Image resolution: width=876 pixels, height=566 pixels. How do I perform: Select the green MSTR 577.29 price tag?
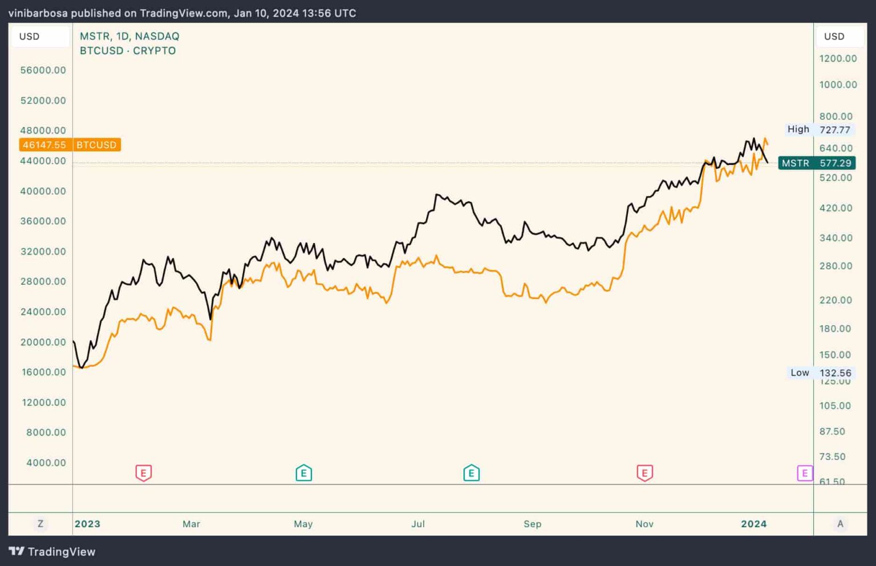pos(816,163)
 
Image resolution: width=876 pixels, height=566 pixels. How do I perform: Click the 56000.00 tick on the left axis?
pos(43,70)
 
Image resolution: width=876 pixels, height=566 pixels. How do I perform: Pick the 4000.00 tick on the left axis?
pos(46,463)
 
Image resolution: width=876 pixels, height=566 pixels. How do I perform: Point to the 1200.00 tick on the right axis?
pos(838,58)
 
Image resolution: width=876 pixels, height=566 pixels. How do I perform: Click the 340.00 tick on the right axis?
pos(836,238)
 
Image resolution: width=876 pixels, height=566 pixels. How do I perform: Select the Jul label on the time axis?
pos(418,524)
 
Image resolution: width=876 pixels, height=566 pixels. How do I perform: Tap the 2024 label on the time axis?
pos(753,524)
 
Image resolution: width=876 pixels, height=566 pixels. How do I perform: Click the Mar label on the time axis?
pos(191,524)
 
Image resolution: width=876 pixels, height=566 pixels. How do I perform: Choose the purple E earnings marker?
pos(804,473)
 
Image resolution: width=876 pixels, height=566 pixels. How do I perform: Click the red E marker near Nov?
pos(644,473)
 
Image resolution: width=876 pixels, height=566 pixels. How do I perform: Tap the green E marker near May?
pos(303,473)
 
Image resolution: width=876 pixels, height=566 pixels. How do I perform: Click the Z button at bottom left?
pos(40,524)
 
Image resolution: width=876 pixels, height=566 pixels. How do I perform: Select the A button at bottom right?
pos(839,524)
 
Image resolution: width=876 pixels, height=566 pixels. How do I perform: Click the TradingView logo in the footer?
pos(52,552)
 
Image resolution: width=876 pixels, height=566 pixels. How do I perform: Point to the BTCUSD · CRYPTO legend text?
pos(128,51)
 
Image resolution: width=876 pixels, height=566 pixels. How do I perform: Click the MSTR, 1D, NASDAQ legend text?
pos(129,36)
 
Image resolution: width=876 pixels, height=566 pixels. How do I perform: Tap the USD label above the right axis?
pos(834,37)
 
